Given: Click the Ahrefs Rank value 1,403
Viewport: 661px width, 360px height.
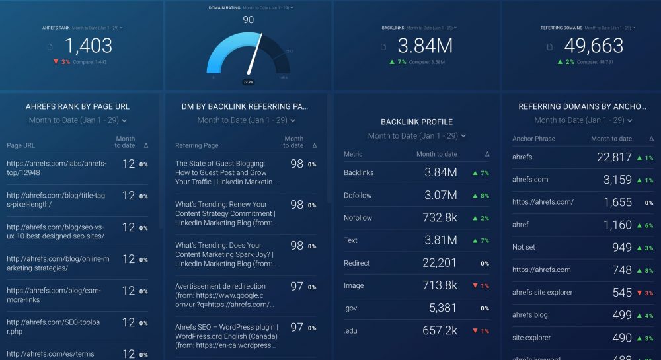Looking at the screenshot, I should [x=89, y=46].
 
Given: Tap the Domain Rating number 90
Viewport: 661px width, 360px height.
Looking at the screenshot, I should [x=249, y=20].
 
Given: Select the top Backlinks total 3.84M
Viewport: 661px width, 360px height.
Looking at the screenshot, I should [x=424, y=46].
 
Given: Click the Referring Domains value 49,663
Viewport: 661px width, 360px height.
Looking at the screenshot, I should [x=593, y=46].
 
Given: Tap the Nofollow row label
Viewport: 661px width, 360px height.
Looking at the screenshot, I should [x=358, y=218].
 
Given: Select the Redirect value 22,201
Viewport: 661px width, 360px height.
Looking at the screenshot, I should [x=438, y=263].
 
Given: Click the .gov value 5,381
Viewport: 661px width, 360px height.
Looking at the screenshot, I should [x=443, y=308].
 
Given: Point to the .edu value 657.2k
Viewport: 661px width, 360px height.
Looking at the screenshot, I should [x=439, y=330].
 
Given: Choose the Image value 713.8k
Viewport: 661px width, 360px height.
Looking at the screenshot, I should [x=439, y=285].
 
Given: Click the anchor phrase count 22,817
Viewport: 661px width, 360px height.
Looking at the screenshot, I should [x=613, y=157].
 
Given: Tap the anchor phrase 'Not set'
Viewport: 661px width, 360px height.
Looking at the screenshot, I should [x=524, y=247].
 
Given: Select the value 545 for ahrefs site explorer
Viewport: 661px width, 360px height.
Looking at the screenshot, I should [x=622, y=292].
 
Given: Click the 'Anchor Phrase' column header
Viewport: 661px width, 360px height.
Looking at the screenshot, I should [x=533, y=139].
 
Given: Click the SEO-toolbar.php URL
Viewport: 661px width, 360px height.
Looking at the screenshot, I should [x=54, y=326].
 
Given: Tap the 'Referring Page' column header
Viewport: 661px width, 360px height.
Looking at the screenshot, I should [x=196, y=145].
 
